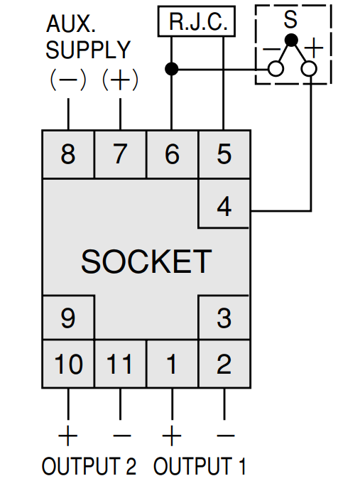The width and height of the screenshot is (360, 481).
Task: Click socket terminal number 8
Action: [x=68, y=154]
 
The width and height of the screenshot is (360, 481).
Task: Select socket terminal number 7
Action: [x=120, y=154]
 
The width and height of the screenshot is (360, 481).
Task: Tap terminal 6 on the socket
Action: [x=172, y=154]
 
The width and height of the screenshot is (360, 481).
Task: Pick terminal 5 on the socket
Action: [x=224, y=154]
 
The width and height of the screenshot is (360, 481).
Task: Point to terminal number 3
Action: [x=224, y=318]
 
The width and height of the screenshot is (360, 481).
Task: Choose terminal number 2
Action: [x=224, y=364]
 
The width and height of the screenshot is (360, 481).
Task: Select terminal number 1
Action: [x=172, y=364]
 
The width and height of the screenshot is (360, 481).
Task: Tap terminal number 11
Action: [x=120, y=364]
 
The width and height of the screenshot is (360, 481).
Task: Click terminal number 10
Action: [x=68, y=364]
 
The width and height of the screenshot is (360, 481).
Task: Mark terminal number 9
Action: [x=68, y=318]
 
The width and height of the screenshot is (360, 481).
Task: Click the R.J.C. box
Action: [x=197, y=21]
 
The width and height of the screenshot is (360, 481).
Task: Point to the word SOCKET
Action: [x=146, y=261]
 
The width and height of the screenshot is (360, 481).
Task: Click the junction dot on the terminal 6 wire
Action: [x=171, y=69]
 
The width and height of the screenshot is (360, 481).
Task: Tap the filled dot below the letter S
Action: [x=291, y=40]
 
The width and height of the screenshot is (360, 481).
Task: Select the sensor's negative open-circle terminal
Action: [x=276, y=69]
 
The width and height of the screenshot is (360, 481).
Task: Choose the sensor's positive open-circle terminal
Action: [x=309, y=69]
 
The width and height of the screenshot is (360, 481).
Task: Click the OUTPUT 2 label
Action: [x=89, y=466]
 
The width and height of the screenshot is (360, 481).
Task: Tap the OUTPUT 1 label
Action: [x=200, y=466]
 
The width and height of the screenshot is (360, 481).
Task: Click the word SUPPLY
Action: [x=88, y=50]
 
